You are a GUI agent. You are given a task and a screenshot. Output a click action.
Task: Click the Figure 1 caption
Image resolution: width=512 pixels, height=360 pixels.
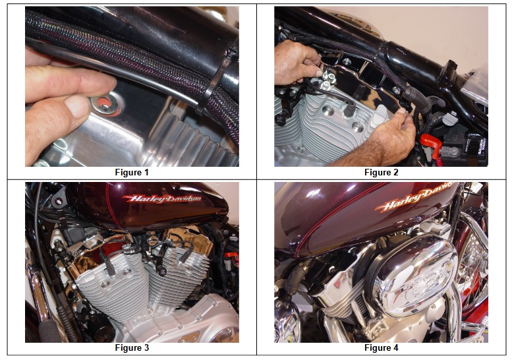(x=132, y=172)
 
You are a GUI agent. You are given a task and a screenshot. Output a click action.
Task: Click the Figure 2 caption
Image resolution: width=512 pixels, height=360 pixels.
(x=381, y=172)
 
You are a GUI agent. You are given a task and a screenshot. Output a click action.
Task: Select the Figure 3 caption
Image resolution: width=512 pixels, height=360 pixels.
(x=132, y=347)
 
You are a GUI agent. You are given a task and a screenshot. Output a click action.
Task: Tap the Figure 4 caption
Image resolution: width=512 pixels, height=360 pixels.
(x=381, y=347)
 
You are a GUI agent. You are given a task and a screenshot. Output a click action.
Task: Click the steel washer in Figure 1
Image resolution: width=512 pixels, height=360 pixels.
(x=105, y=104)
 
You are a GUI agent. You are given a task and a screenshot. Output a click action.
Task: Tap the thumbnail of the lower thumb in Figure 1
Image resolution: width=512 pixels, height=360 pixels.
(x=76, y=106)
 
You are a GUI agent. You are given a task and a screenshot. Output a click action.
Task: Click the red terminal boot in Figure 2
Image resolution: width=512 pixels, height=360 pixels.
(x=431, y=144)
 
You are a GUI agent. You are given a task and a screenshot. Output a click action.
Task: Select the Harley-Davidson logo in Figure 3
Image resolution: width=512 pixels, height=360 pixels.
(x=161, y=198)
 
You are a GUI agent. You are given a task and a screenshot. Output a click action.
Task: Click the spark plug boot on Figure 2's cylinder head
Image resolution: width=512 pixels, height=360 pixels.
(x=347, y=108)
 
